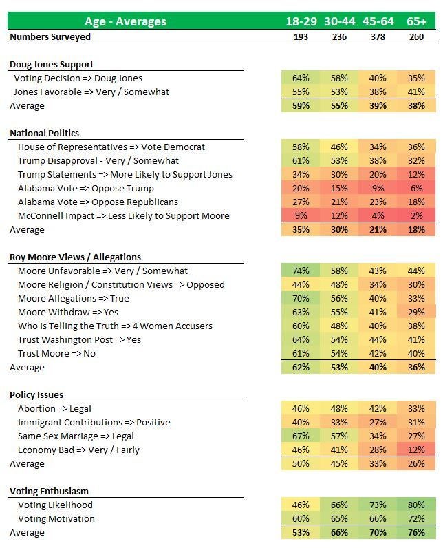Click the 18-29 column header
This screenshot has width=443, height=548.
pos(301,21)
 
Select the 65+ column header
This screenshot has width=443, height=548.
pos(416,21)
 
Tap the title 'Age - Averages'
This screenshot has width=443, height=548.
pos(125,21)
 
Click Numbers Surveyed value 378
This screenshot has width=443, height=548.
pos(378,36)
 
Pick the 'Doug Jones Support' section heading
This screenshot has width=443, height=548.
pos(52,64)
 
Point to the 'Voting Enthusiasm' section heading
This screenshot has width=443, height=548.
pos(50,491)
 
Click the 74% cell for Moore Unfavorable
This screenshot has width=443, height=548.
pos(301,271)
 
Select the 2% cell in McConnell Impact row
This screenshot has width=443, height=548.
pos(416,215)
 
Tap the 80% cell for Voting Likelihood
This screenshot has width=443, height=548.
pos(416,505)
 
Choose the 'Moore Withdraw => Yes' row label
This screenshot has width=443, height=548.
pos(68,312)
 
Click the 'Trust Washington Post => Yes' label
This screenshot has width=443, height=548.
pos(79,339)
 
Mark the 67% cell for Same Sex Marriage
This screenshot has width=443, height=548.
pos(301,436)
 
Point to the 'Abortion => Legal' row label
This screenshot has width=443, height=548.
pos(54,408)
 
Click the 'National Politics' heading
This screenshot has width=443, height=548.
pos(44,133)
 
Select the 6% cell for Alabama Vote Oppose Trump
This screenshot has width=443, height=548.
pos(416,188)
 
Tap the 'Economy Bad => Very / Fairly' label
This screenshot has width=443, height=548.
pos(78,450)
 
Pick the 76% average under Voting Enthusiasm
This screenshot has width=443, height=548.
pos(416,533)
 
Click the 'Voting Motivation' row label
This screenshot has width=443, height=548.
pos(56,518)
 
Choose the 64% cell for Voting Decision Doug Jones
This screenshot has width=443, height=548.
pos(301,78)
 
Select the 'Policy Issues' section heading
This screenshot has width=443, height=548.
pos(36,395)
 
